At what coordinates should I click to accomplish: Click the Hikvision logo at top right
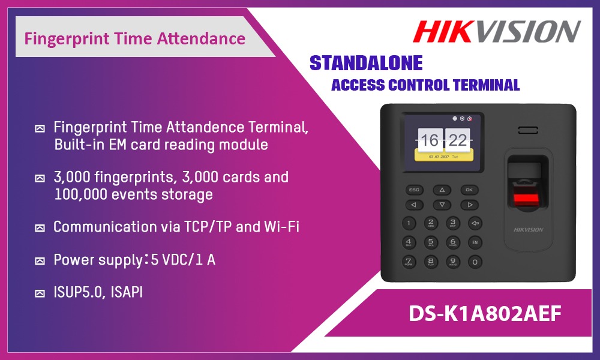497,31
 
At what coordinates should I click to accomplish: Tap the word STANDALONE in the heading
366,63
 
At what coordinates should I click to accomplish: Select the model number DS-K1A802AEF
485,313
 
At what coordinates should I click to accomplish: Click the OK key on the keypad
469,190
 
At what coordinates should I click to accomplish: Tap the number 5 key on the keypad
431,242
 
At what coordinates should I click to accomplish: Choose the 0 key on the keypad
475,262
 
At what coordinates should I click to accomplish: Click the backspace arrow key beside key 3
475,223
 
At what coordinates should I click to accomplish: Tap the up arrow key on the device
442,190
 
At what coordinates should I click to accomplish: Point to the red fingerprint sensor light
526,198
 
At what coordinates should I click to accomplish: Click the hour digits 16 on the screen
430,140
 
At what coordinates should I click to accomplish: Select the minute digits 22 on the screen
458,140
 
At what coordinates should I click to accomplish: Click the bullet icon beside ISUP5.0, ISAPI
40,293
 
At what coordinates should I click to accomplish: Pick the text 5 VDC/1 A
183,260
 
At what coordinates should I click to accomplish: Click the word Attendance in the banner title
201,38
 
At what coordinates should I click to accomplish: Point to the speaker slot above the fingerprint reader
528,130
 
